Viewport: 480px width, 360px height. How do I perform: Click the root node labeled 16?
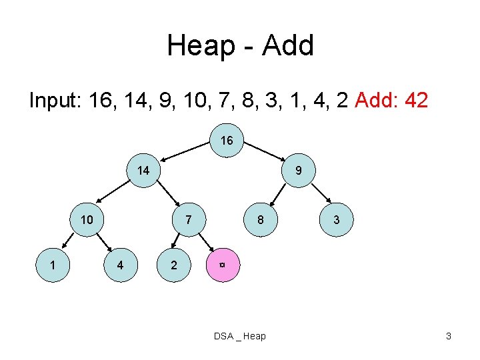tap(227, 141)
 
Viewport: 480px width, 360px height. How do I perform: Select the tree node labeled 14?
tap(143, 171)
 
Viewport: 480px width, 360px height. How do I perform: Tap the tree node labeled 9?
tap(299, 171)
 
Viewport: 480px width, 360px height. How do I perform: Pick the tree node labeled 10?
tap(87, 219)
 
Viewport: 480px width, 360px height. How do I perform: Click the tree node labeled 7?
tap(189, 219)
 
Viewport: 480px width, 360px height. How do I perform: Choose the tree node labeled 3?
tap(337, 219)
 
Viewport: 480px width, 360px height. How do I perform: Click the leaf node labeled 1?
tap(52, 265)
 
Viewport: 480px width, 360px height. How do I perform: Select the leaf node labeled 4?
tap(120, 265)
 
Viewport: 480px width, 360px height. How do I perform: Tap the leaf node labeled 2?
tap(174, 265)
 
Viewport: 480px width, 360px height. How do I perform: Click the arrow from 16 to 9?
tap(264, 151)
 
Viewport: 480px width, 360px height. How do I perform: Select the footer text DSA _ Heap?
tap(239, 336)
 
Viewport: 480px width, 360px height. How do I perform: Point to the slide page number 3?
tap(449, 336)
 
